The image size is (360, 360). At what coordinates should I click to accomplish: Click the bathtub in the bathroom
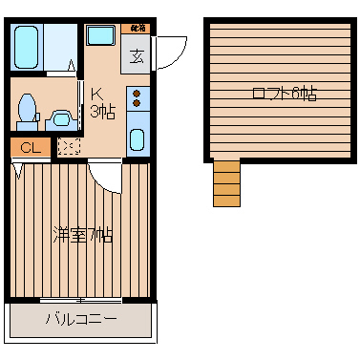pos(26,45)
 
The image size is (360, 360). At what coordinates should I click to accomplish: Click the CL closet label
pos(30,148)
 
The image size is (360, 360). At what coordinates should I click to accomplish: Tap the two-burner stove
pos(137,97)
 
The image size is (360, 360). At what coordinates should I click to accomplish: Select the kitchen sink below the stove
pos(137,139)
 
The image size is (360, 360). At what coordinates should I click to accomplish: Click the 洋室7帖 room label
pos(82,234)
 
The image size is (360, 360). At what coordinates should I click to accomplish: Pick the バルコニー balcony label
pos(82,319)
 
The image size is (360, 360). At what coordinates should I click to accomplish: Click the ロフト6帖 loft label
pos(284,94)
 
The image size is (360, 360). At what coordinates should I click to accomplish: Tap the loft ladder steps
pos(226,182)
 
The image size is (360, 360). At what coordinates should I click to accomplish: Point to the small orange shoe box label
pos(138,29)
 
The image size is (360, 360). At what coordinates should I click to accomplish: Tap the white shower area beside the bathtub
pos(61,43)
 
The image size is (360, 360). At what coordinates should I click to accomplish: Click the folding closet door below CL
pos(17,169)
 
